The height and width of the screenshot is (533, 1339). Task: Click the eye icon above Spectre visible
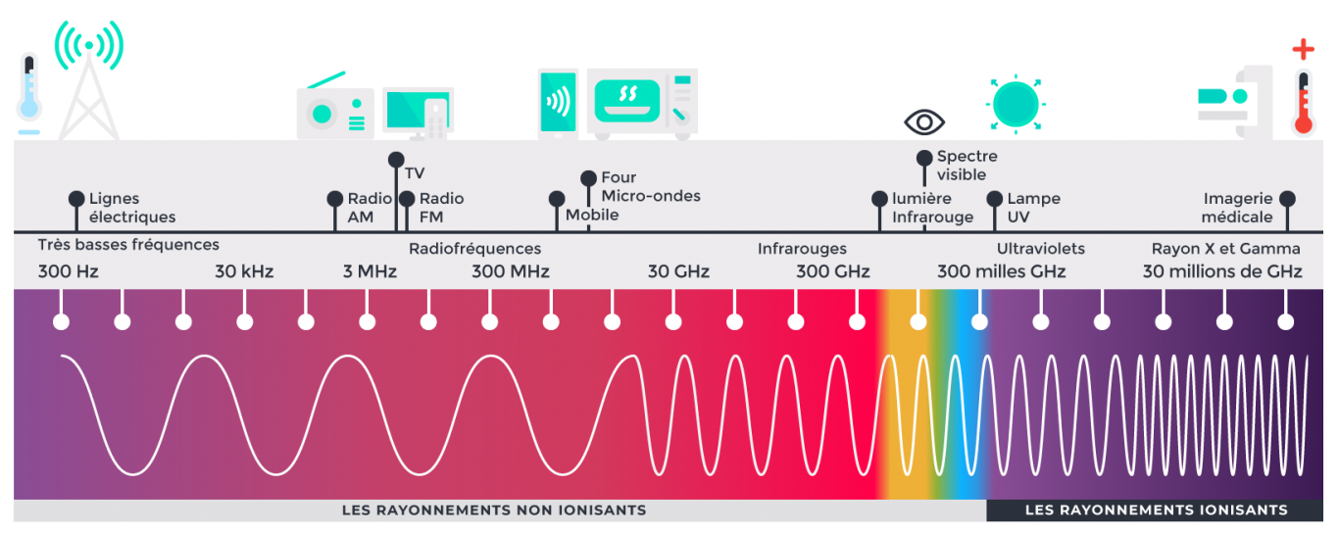pyautogui.click(x=924, y=122)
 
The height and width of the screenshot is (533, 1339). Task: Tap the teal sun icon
pyautogui.click(x=1015, y=101)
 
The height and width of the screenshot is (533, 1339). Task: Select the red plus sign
pyautogui.click(x=1303, y=50)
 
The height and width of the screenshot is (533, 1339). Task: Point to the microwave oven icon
pyautogui.click(x=642, y=103)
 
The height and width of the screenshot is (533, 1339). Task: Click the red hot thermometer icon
pyautogui.click(x=1303, y=102)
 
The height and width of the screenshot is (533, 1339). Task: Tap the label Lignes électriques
pyautogui.click(x=132, y=208)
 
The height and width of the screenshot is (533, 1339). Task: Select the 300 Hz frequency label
pyautogui.click(x=69, y=271)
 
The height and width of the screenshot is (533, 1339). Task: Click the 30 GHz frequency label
pyautogui.click(x=678, y=271)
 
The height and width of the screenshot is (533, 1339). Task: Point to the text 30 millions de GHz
pyautogui.click(x=1222, y=271)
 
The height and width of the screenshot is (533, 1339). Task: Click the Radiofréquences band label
pyautogui.click(x=474, y=249)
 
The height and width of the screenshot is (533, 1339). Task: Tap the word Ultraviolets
pyautogui.click(x=1041, y=249)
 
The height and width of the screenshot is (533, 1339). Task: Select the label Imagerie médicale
pyautogui.click(x=1237, y=208)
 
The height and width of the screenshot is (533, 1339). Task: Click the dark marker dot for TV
pyautogui.click(x=396, y=159)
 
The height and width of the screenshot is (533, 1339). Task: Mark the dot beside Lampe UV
pyautogui.click(x=995, y=198)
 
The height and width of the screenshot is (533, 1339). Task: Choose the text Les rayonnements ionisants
pyautogui.click(x=1157, y=510)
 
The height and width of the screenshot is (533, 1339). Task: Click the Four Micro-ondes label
pyautogui.click(x=651, y=186)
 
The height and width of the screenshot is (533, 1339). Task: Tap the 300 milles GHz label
pyautogui.click(x=1001, y=271)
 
